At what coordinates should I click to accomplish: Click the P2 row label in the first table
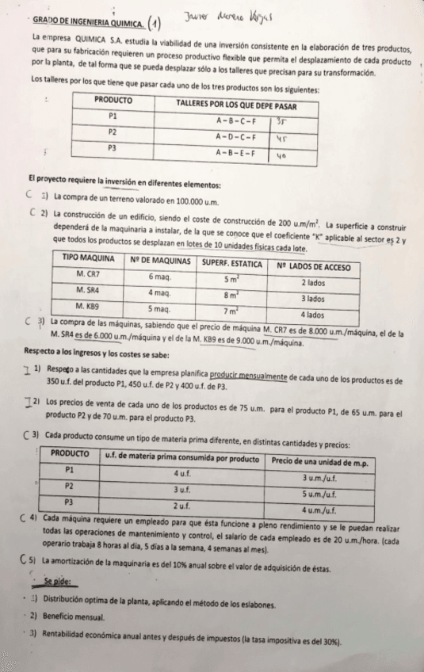click(113, 132)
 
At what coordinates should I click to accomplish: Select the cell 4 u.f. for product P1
click(179, 472)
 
